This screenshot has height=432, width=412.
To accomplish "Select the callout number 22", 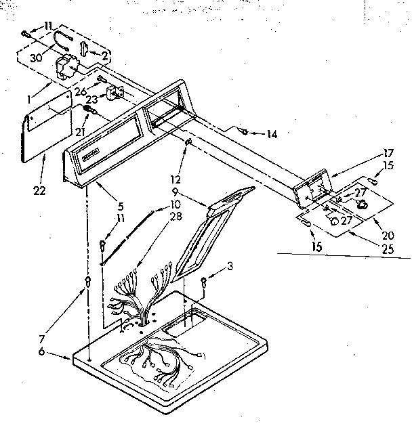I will [x=39, y=190].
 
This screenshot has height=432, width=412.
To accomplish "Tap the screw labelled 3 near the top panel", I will [x=203, y=282].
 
